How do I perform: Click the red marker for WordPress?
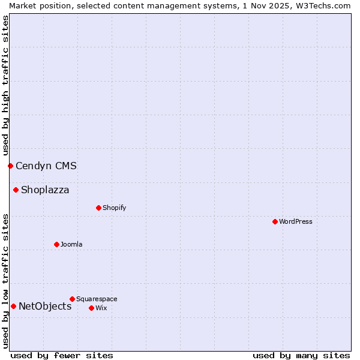coord(275,221)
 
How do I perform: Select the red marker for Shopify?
coord(98,208)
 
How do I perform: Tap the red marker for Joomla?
coord(56,244)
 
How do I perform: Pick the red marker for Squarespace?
coord(72,299)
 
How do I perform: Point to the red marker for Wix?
coord(91,308)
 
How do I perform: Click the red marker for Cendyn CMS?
coord(10,166)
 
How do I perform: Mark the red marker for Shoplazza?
coord(16,190)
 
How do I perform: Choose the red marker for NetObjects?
coord(13,306)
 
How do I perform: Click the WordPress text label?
coord(296,221)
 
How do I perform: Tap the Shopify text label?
coord(114,208)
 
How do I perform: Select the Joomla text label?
coord(71,244)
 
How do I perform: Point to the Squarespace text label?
coord(97,299)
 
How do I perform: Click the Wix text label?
coord(101,308)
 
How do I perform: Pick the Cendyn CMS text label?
coord(46,166)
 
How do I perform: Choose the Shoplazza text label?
coord(45,190)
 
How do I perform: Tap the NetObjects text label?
coord(45,306)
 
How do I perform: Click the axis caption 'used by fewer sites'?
coord(62,355)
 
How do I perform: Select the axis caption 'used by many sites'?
coord(301,355)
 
